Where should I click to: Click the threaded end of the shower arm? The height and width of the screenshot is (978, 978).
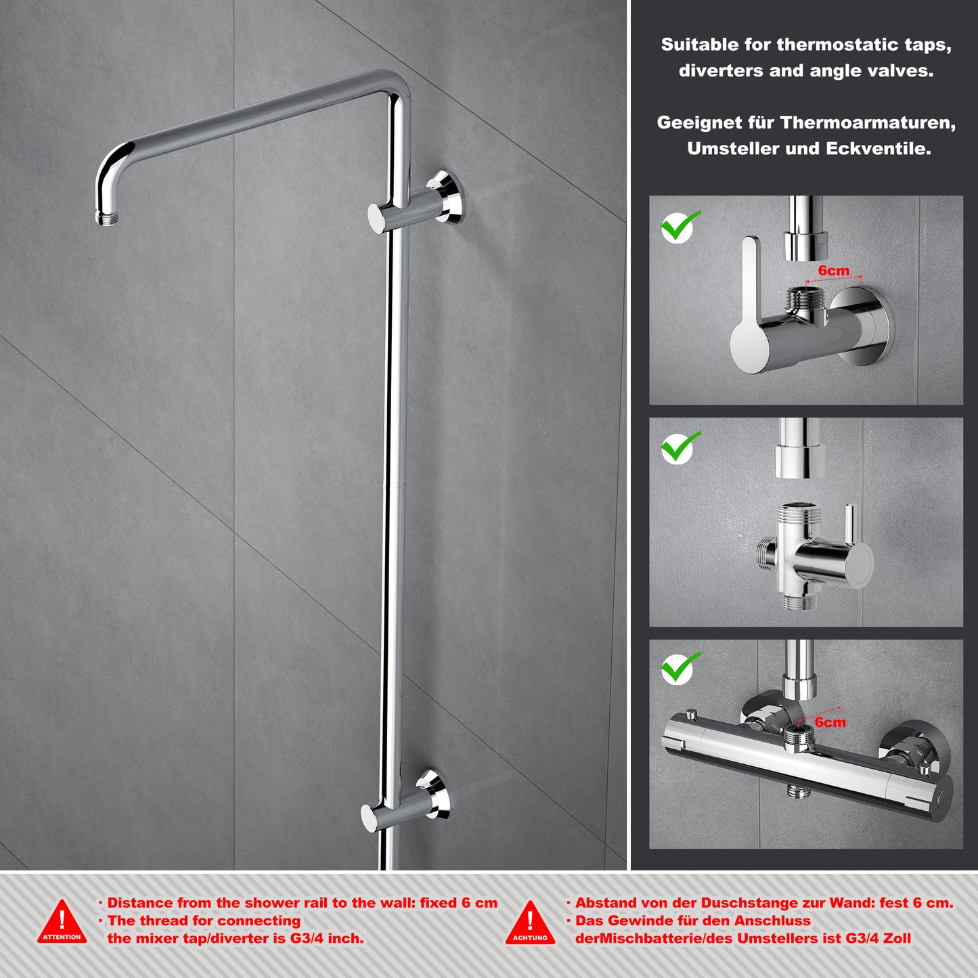pyautogui.click(x=106, y=219)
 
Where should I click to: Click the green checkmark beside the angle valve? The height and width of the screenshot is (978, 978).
pyautogui.click(x=680, y=226)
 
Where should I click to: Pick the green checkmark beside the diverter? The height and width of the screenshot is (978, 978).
pyautogui.click(x=680, y=447)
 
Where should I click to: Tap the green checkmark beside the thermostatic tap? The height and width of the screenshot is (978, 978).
pyautogui.click(x=680, y=669)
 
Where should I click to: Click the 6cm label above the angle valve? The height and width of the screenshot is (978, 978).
pyautogui.click(x=833, y=271)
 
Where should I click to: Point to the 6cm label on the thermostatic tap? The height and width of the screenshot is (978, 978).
pyautogui.click(x=830, y=722)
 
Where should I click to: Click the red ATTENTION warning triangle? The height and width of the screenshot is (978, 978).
pyautogui.click(x=62, y=922)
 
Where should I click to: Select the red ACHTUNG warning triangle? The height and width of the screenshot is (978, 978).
pyautogui.click(x=530, y=923)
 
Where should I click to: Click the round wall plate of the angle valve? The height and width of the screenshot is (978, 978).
pyautogui.click(x=864, y=326)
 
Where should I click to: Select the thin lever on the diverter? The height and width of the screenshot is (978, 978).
pyautogui.click(x=849, y=523)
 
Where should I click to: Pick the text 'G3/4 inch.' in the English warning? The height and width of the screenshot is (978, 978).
pyautogui.click(x=327, y=939)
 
